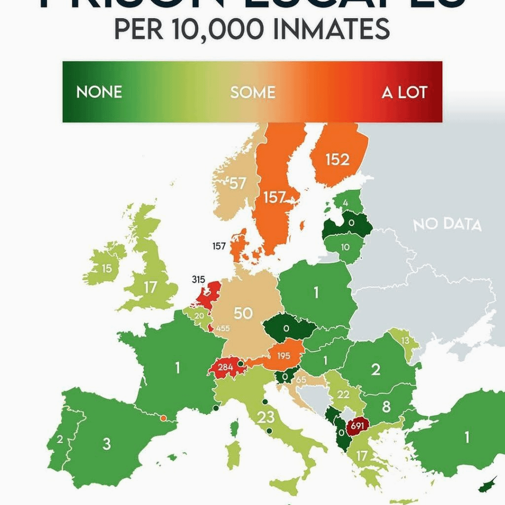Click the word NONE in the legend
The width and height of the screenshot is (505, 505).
[99, 92]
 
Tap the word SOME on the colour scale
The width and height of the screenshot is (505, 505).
[252, 92]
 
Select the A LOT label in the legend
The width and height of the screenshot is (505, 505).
[404, 92]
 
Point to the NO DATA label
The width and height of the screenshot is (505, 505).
[447, 224]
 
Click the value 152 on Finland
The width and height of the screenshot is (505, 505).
[337, 159]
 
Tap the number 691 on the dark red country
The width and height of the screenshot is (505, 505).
[358, 425]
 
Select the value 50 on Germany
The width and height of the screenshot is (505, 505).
[243, 313]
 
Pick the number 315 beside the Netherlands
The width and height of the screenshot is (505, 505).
[198, 280]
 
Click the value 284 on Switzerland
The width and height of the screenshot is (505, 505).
[225, 367]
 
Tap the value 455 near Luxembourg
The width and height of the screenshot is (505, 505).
[223, 328]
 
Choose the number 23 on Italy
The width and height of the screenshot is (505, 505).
[266, 417]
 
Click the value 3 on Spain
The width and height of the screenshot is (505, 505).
[107, 443]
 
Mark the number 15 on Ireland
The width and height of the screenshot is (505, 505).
[107, 269]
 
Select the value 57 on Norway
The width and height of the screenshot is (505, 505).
[238, 183]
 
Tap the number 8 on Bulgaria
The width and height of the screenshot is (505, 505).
[386, 407]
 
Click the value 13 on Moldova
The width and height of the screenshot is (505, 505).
[405, 340]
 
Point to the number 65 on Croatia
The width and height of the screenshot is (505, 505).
[301, 380]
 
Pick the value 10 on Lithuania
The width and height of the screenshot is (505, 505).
[345, 247]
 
